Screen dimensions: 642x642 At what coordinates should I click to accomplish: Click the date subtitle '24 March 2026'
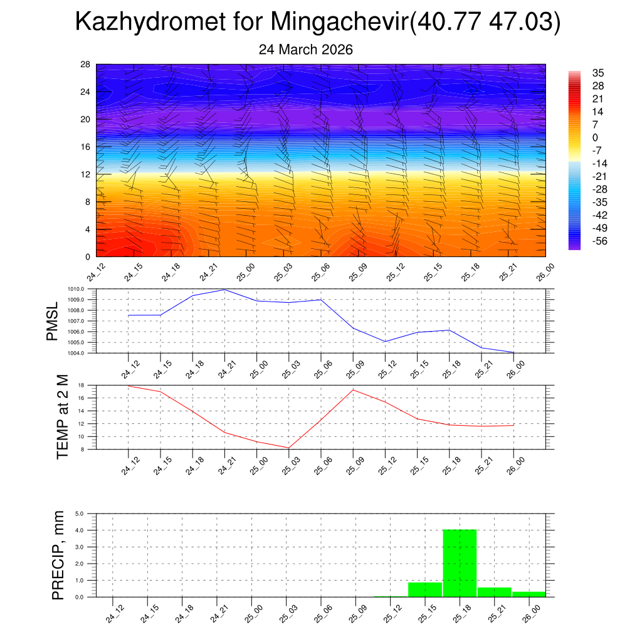(x=306, y=50)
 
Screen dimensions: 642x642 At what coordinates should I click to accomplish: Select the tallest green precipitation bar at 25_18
(x=460, y=563)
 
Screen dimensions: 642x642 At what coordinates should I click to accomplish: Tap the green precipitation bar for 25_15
(x=425, y=589)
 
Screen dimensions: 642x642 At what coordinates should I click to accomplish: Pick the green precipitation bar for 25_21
(x=494, y=592)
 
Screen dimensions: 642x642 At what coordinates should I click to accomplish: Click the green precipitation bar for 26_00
(x=529, y=594)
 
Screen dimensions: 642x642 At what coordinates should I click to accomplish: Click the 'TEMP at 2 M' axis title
(x=62, y=416)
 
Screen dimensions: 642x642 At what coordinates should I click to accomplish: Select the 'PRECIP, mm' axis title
(x=58, y=555)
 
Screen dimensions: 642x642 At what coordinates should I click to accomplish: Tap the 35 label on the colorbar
(x=597, y=73)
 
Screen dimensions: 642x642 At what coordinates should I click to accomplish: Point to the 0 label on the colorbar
(x=595, y=138)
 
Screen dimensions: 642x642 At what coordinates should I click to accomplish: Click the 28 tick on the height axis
(x=85, y=65)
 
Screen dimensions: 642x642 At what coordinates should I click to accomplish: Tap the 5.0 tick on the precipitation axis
(x=80, y=513)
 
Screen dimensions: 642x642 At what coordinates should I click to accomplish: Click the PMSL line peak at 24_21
(x=224, y=290)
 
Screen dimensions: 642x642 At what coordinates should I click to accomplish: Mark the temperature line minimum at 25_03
(x=288, y=448)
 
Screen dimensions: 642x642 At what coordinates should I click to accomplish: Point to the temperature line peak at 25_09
(x=353, y=390)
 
